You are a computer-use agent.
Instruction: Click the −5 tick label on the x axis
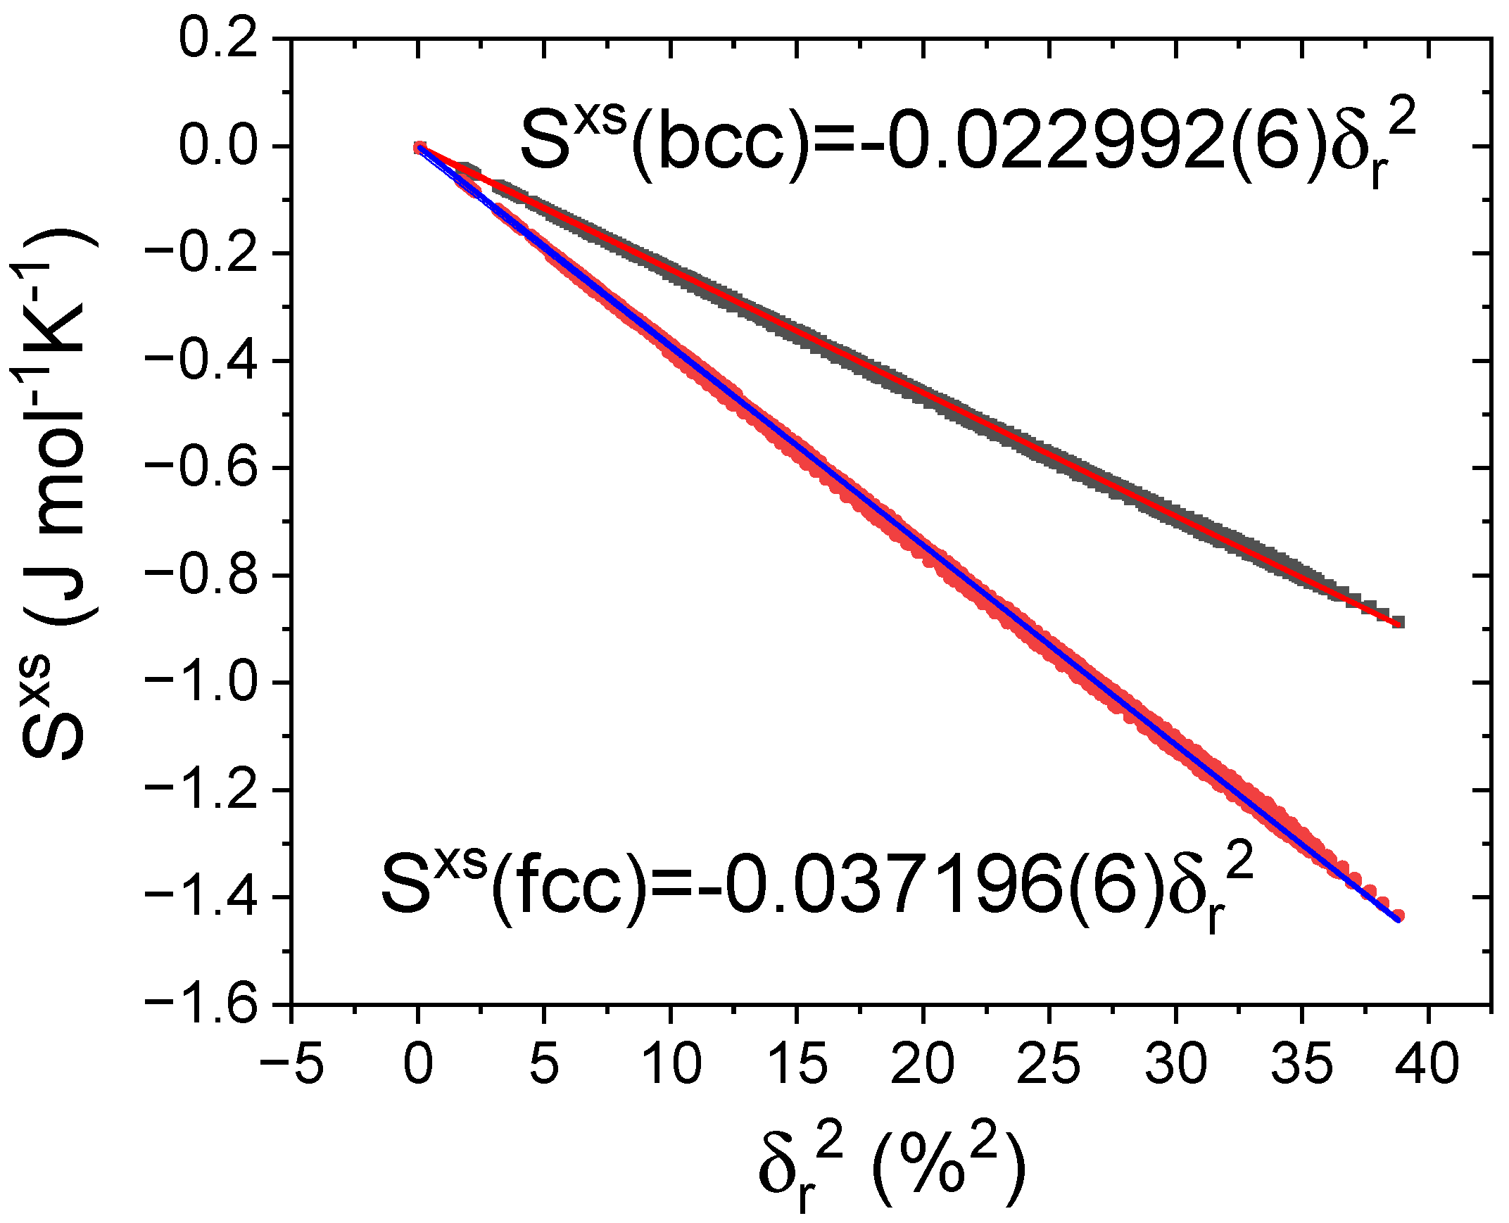point(291,1065)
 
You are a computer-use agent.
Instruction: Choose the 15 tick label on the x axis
point(796,1065)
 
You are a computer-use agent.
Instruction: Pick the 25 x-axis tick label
point(1049,1065)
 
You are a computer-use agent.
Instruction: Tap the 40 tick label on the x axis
point(1428,1065)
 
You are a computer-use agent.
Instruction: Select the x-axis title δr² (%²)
point(891,1168)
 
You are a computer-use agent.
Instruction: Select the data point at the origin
point(419,147)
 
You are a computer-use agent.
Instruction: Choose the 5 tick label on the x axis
point(544,1065)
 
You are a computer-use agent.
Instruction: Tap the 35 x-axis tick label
point(1302,1065)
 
